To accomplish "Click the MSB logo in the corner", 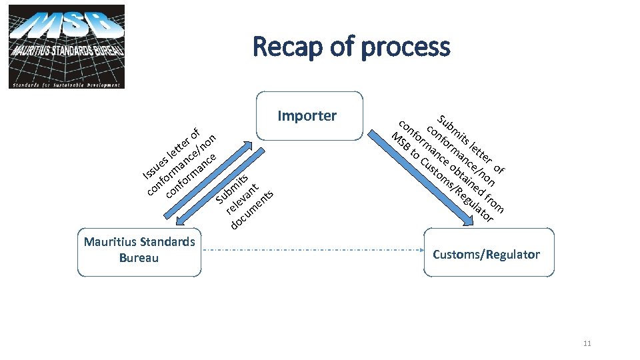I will (x=67, y=47).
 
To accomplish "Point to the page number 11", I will (x=587, y=343).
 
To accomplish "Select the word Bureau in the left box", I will (x=139, y=257).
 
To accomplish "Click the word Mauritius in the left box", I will (x=109, y=241).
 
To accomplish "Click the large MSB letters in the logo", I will (x=67, y=27).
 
